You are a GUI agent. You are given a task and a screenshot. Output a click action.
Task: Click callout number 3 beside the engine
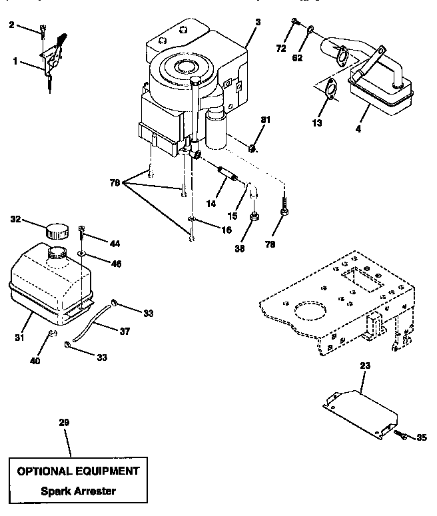pos(257,22)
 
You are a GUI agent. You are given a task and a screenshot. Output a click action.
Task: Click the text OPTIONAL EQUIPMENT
pos(79,471)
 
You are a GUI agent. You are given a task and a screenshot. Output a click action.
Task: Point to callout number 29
pos(64,422)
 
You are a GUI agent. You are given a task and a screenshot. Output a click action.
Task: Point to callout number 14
pos(211,204)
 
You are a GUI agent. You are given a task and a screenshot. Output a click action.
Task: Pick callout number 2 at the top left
pos(11,25)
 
